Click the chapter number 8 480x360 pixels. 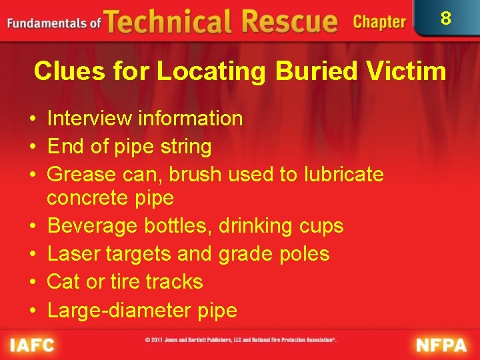point(445,18)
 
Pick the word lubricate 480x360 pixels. point(343,175)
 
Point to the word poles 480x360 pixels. point(303,254)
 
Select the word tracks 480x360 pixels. point(173,282)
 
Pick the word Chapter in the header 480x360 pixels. point(379,22)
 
